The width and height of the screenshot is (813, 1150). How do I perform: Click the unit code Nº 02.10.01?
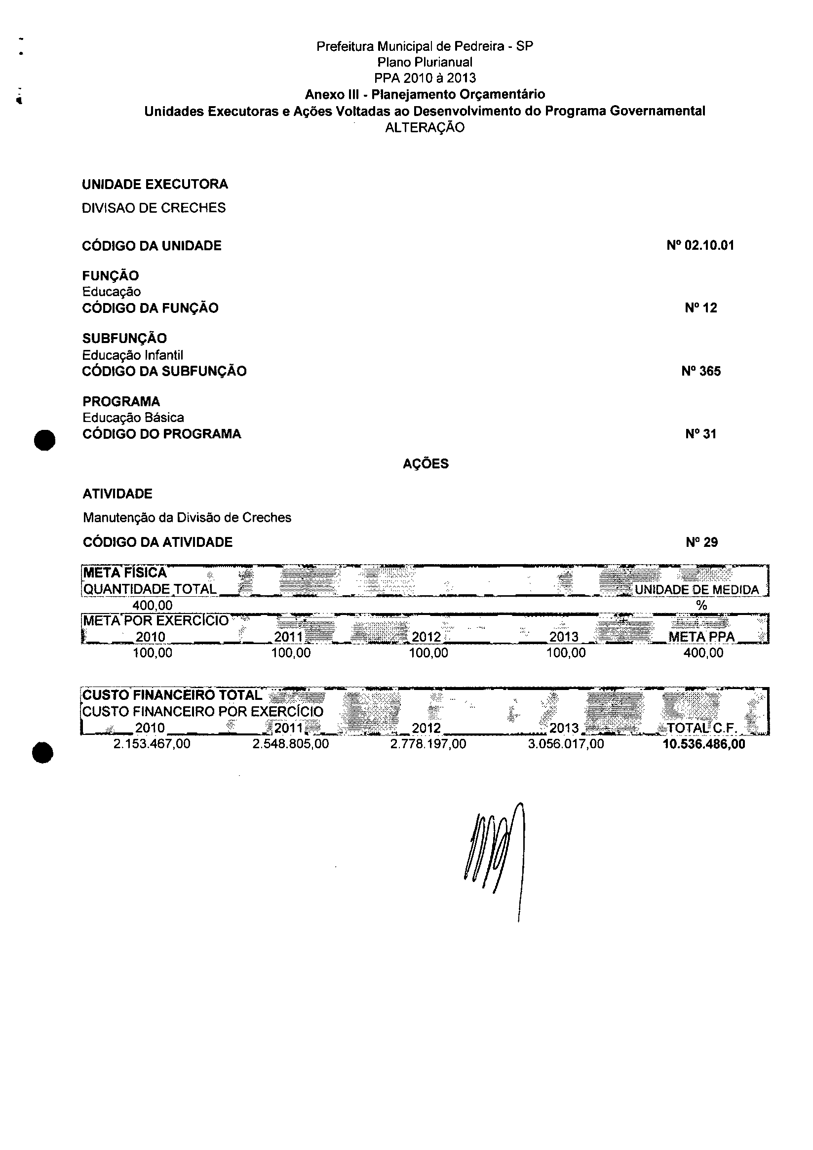coord(700,245)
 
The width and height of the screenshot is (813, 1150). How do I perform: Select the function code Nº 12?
coord(701,308)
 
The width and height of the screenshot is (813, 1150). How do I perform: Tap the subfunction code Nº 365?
coord(701,371)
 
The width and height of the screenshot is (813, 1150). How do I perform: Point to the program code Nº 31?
coord(701,434)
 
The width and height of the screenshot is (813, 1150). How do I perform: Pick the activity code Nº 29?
coord(701,542)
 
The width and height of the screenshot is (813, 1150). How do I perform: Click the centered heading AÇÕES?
coord(426,464)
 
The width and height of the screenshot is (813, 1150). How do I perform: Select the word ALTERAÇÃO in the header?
coord(425,127)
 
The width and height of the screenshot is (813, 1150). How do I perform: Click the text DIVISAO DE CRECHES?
coord(154,208)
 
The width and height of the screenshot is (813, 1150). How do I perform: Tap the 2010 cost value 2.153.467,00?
coord(152,744)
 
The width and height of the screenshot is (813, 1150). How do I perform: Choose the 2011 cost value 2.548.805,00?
coord(291,744)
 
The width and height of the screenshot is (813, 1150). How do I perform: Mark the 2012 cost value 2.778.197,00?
coord(428,744)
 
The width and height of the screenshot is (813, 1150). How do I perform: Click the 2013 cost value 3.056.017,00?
coord(566,744)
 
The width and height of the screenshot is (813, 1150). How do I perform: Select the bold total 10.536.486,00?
coord(704,744)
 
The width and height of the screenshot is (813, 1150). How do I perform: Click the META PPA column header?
coord(701,637)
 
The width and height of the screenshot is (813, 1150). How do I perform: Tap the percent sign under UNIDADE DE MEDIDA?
coord(701,606)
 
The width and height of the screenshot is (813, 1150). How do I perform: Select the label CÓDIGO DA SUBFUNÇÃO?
coord(164,371)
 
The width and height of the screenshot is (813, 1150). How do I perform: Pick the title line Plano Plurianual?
coord(425,62)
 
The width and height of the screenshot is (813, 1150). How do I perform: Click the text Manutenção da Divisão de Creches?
coord(187,517)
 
